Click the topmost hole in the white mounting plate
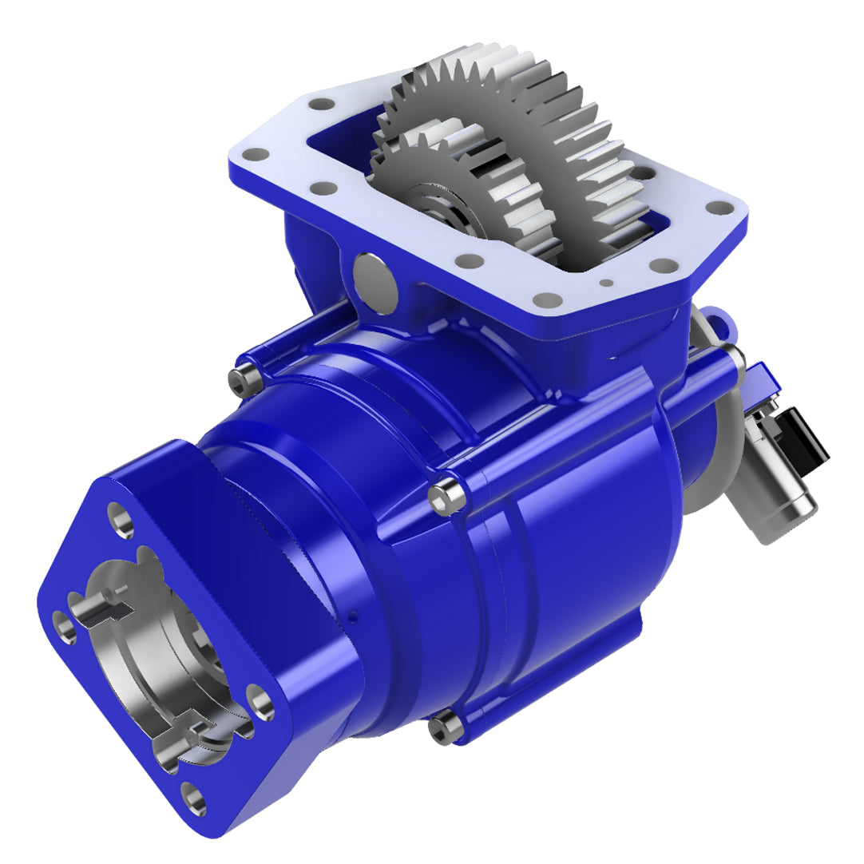tap(322, 104)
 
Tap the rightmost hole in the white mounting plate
tap(720, 208)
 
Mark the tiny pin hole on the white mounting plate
tap(608, 281)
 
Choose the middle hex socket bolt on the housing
tap(444, 496)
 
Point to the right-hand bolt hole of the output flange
tap(260, 698)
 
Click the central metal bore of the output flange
tap(160, 655)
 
